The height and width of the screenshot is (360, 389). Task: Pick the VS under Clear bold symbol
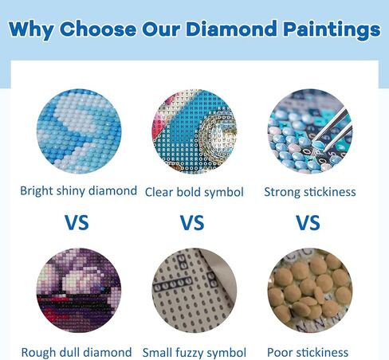[x=192, y=222]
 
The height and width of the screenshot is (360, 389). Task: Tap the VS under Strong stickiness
[x=308, y=222]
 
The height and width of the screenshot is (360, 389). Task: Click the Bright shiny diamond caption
[x=78, y=191]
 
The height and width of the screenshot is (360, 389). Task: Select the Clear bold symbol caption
[x=194, y=192]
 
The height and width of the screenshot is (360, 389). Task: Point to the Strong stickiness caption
[x=309, y=192]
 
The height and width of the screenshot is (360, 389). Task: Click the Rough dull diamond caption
[x=77, y=351]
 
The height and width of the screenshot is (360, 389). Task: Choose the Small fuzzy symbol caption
[x=194, y=351]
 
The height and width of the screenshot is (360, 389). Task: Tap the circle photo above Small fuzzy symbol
[x=194, y=292]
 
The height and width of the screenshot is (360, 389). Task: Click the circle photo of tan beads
[x=308, y=292]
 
